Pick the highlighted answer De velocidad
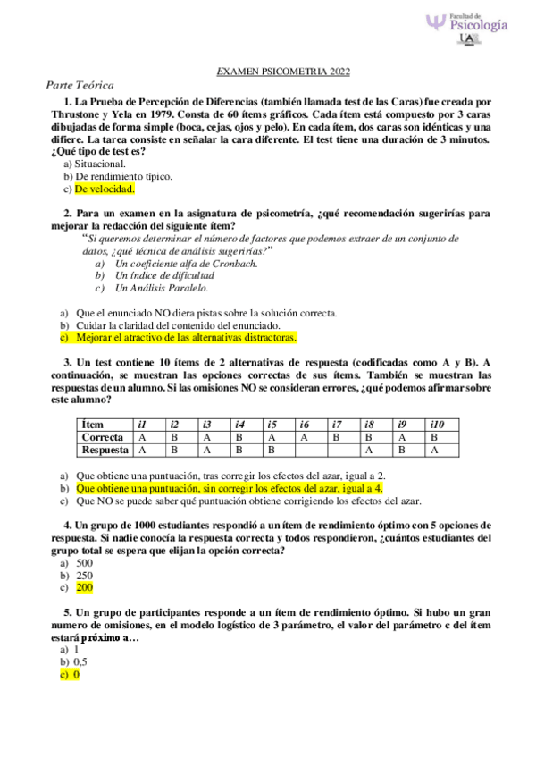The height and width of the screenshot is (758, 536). (x=104, y=189)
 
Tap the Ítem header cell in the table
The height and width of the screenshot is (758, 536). (x=92, y=424)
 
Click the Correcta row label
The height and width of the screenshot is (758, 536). (x=102, y=437)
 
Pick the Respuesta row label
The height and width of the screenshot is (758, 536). (x=105, y=451)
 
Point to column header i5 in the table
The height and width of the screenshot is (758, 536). (x=272, y=424)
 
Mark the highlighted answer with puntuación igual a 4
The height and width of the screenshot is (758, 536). (x=230, y=489)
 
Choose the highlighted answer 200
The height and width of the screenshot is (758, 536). (x=85, y=588)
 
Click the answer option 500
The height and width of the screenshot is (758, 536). (x=85, y=564)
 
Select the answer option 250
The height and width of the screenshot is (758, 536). (x=85, y=576)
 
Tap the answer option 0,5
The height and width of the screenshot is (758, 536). (x=80, y=662)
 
